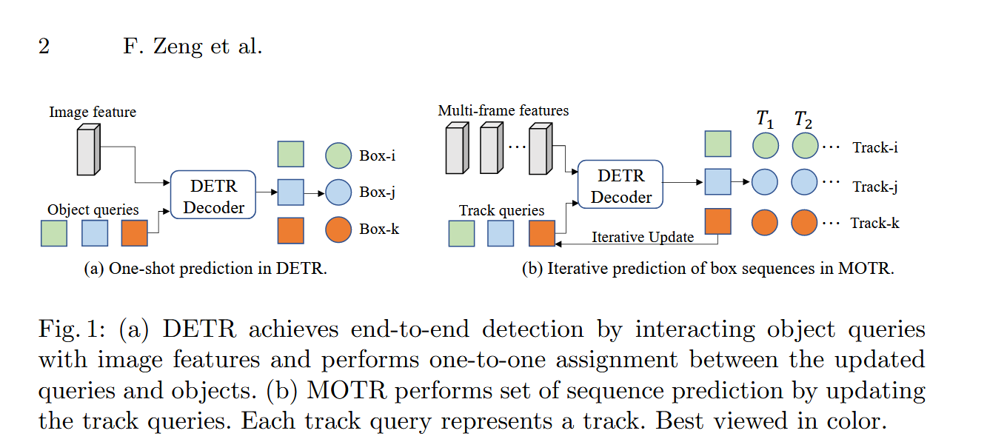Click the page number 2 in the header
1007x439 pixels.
pyautogui.click(x=44, y=47)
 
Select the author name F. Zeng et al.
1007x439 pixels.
pyautogui.click(x=192, y=47)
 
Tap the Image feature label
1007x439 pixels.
pyautogui.click(x=93, y=112)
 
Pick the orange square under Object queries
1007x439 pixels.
pyautogui.click(x=134, y=233)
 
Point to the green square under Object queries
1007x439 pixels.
pyautogui.click(x=53, y=233)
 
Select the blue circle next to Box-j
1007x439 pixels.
pyautogui.click(x=338, y=192)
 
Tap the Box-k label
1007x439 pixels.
pyautogui.click(x=379, y=229)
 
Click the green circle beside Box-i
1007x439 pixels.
pyautogui.click(x=338, y=156)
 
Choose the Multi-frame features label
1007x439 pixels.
pyautogui.click(x=503, y=111)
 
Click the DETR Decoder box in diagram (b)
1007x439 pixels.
pyautogui.click(x=620, y=185)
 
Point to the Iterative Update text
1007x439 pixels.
pyautogui.click(x=643, y=237)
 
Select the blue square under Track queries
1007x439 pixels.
pyautogui.click(x=501, y=233)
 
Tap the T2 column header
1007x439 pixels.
pyautogui.click(x=803, y=118)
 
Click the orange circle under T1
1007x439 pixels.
pyautogui.click(x=766, y=222)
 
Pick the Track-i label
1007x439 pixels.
pyautogui.click(x=875, y=147)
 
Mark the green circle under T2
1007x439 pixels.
pyautogui.click(x=805, y=145)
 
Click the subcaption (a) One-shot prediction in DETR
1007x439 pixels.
pyautogui.click(x=205, y=269)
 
